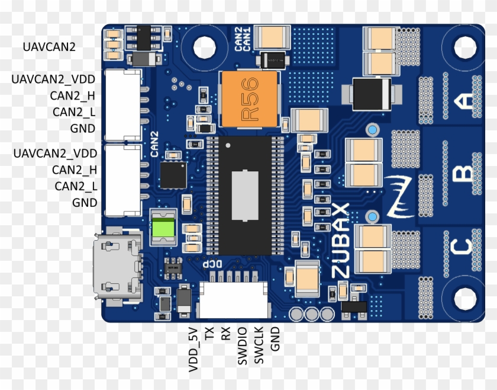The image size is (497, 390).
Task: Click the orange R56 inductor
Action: point(248,99)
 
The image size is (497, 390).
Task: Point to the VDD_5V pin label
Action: point(193,350)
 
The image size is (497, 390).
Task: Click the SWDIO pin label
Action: point(241,345)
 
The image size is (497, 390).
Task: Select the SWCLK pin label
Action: point(258,345)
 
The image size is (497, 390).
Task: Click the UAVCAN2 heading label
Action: point(49,46)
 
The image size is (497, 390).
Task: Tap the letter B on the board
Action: point(463,174)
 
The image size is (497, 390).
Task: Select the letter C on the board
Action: point(463,247)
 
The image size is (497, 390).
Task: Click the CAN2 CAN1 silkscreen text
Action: point(243,39)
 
